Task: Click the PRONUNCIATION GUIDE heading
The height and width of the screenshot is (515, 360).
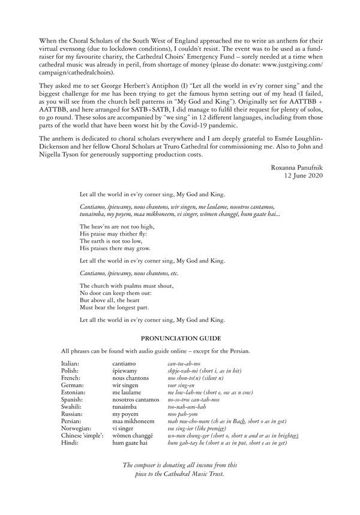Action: (179, 339)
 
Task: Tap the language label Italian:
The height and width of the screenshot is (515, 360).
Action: (72, 364)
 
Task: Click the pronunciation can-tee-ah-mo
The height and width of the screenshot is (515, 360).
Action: (184, 364)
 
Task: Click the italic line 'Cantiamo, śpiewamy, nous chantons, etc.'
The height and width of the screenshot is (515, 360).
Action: (128, 273)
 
